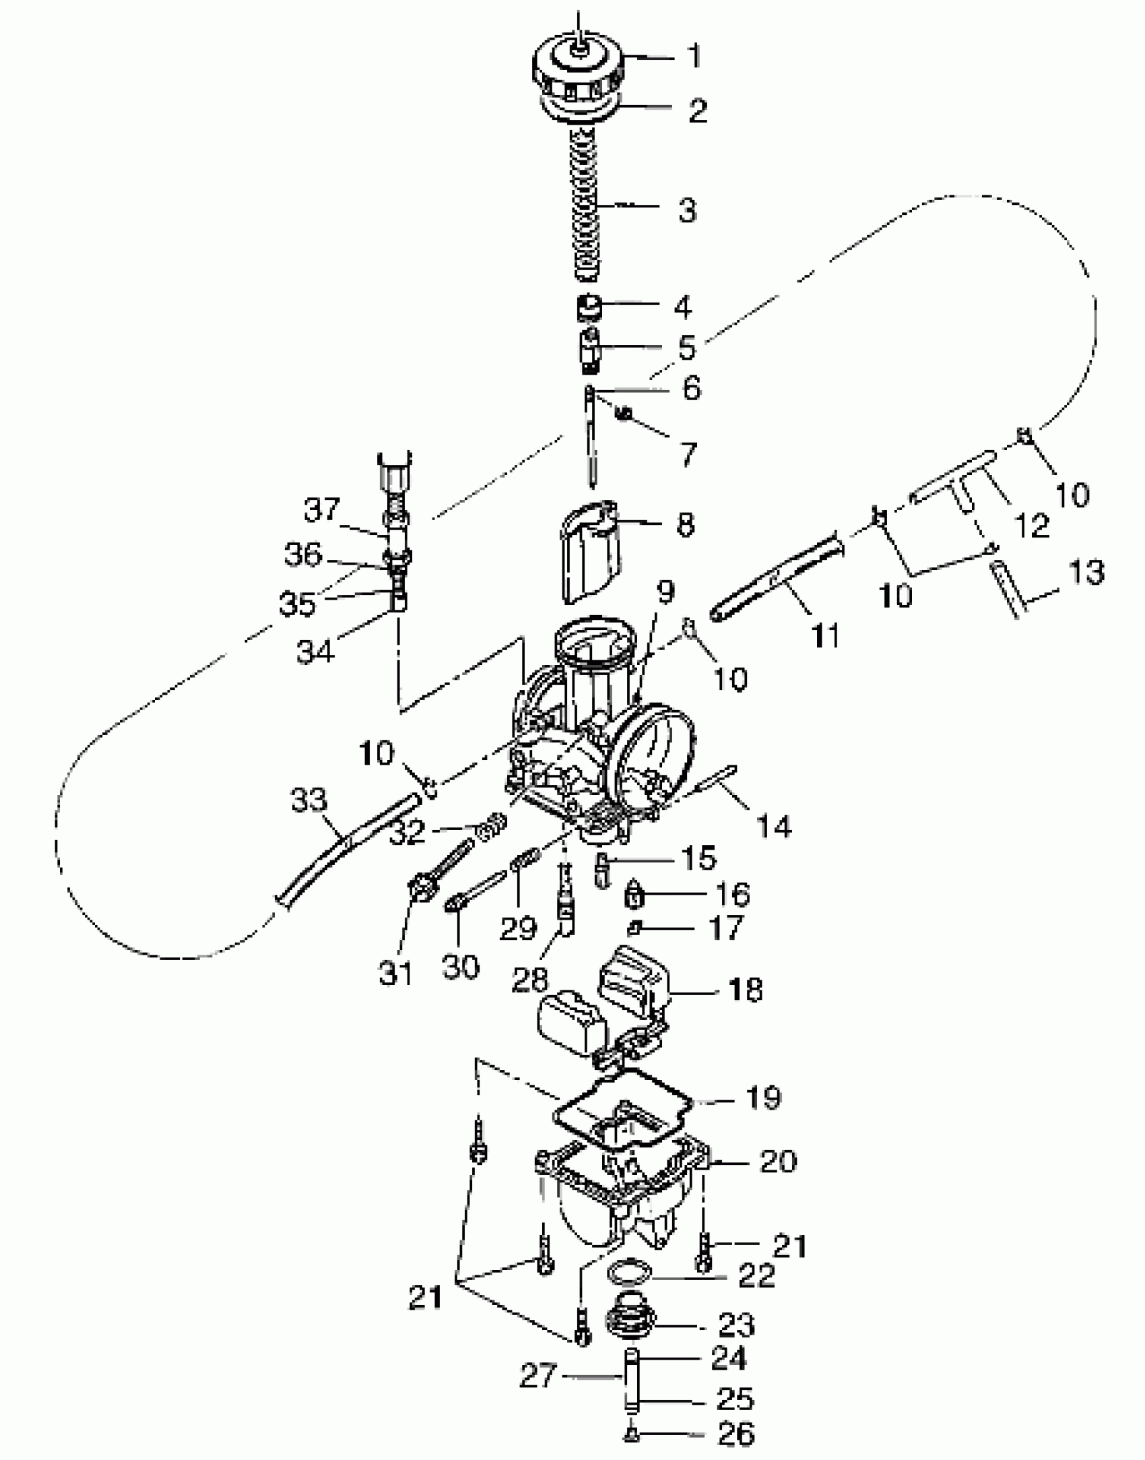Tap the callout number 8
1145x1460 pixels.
click(x=685, y=524)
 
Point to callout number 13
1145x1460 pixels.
click(x=1085, y=572)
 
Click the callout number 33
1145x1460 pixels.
click(x=309, y=800)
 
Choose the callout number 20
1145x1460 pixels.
click(x=778, y=1162)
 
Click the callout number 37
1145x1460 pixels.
click(x=322, y=509)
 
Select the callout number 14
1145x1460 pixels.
click(x=774, y=825)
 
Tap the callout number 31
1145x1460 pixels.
click(x=395, y=973)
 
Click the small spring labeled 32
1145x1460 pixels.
click(x=494, y=824)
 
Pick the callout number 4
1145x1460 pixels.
click(x=683, y=307)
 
